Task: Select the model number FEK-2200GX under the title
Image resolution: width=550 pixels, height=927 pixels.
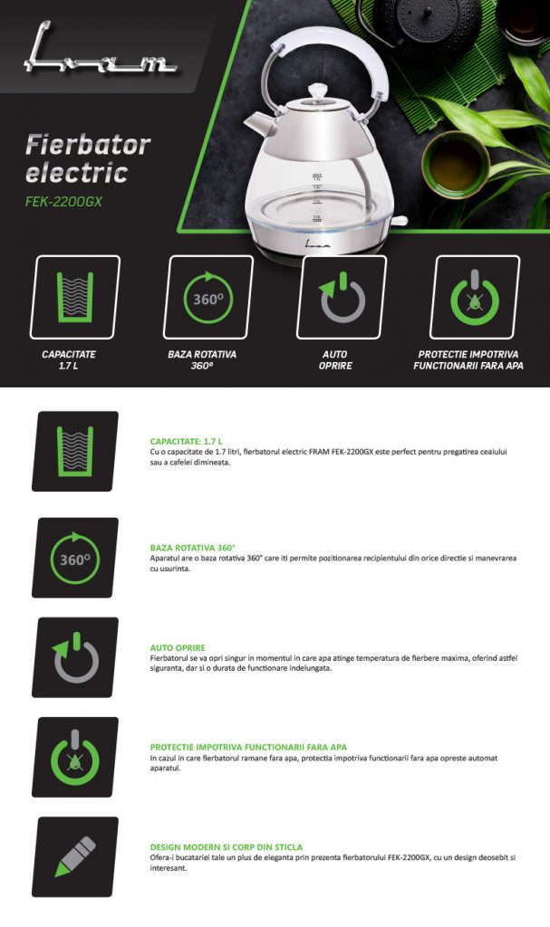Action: click(x=63, y=202)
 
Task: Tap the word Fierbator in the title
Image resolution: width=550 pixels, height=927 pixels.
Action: click(x=88, y=145)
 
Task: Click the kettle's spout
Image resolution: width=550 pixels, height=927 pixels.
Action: click(x=257, y=123)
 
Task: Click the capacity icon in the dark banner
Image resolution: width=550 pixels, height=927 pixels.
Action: click(x=74, y=297)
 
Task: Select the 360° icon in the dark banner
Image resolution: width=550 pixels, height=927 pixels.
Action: click(x=207, y=297)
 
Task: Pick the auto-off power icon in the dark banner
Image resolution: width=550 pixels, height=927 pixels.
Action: click(x=341, y=297)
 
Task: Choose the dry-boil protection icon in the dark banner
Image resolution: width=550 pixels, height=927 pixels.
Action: click(x=474, y=297)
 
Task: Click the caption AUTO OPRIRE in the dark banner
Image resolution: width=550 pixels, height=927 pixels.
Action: click(x=335, y=360)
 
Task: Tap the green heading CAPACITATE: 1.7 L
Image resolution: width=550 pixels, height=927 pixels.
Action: click(x=187, y=441)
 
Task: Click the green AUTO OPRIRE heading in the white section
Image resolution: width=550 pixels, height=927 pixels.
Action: click(x=178, y=647)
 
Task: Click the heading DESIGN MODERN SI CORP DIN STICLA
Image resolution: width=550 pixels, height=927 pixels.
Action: click(x=227, y=846)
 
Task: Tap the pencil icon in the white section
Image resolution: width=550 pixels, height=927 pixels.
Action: click(x=75, y=856)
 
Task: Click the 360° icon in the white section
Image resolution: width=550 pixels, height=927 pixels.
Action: click(x=75, y=558)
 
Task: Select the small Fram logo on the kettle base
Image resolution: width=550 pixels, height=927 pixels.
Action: click(x=318, y=243)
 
